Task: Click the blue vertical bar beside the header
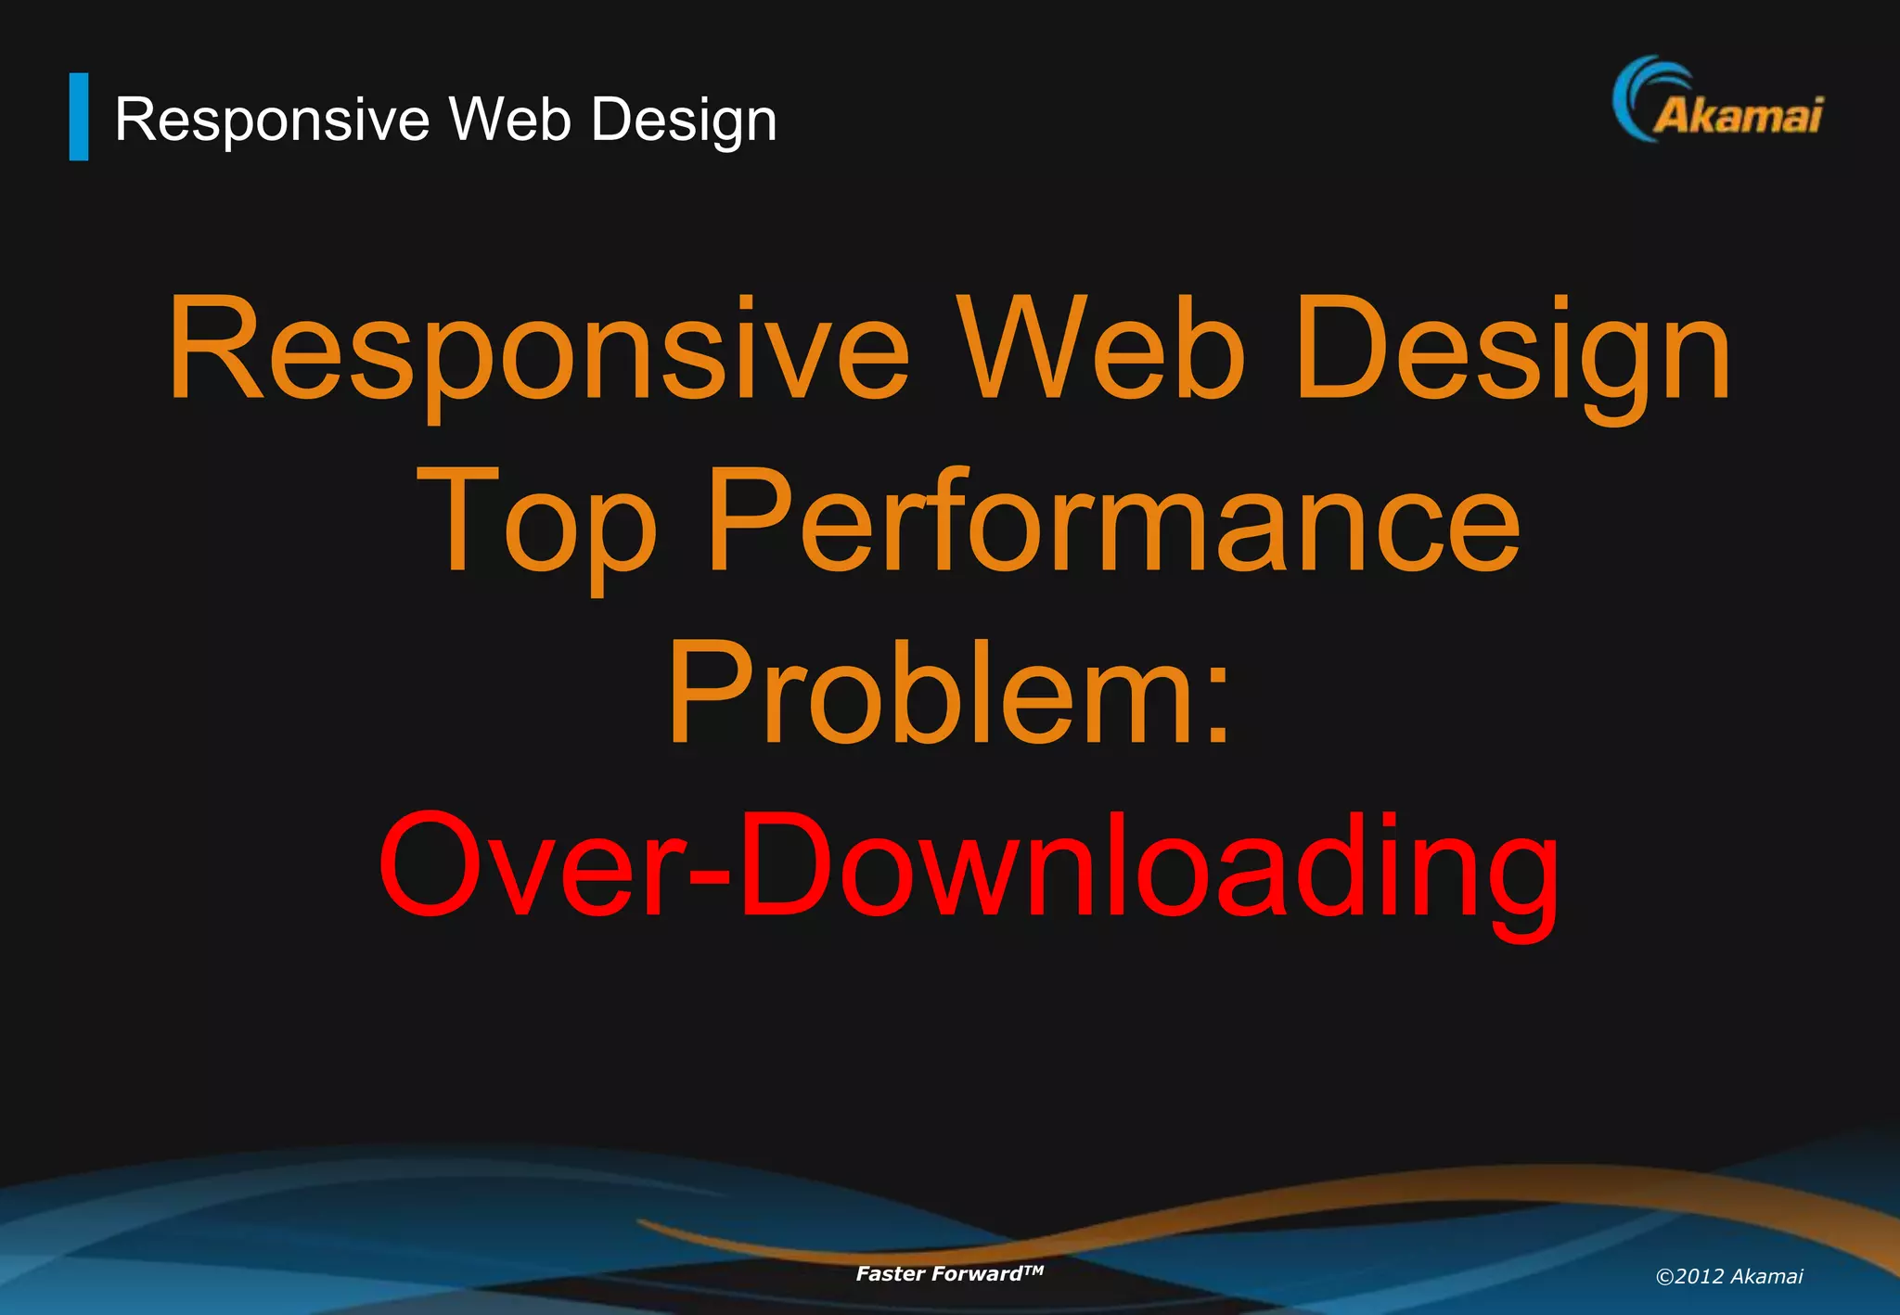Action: click(x=79, y=117)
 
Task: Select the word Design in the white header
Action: click(x=684, y=121)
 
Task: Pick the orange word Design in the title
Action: click(x=1512, y=352)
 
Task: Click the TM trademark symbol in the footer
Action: click(x=1033, y=1269)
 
